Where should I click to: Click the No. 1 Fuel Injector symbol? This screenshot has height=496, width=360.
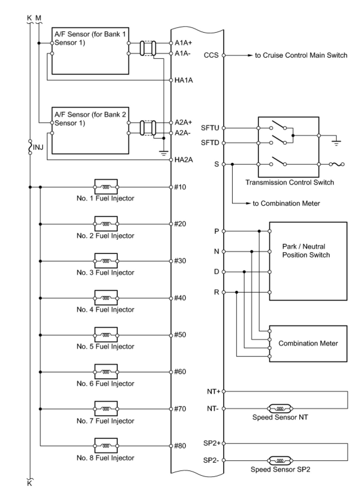point(106,187)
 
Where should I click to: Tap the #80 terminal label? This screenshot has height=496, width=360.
point(180,445)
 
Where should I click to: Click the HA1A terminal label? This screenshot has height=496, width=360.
point(184,80)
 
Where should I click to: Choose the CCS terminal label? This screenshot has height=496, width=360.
point(211,55)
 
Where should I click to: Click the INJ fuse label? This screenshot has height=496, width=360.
point(38,147)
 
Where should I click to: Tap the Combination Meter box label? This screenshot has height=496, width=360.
point(308,343)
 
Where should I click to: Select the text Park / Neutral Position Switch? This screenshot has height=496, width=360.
point(306,250)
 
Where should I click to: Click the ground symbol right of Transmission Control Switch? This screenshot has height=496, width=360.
point(336,143)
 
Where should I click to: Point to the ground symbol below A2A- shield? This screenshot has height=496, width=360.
point(164,153)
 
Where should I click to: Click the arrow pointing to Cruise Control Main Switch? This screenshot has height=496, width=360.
point(239,55)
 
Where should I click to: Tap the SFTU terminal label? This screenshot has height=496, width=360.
point(210,128)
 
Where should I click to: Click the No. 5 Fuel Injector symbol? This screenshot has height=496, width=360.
point(106,335)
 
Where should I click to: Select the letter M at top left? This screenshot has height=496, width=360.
point(38,18)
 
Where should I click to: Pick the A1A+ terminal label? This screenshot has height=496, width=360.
point(183,43)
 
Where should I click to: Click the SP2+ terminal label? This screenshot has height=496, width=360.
point(212,443)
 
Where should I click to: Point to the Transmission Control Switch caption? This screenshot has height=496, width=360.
point(289,182)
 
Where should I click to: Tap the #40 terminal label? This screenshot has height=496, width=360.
point(180,298)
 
